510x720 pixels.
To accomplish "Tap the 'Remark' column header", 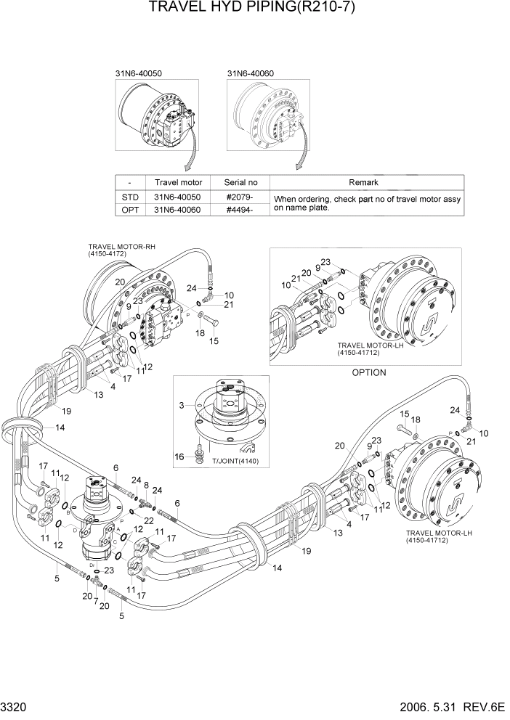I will (368, 183).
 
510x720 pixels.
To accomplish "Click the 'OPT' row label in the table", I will (129, 210).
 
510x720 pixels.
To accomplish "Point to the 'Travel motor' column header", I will (178, 183).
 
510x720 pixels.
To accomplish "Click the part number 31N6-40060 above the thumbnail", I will (251, 73).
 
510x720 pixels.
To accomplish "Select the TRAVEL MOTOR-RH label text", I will (121, 246).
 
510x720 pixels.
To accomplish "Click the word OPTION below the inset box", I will (368, 372).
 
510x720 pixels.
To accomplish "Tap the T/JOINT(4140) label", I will (235, 462).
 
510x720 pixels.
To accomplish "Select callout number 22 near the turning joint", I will (149, 521).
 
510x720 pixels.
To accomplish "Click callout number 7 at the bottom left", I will (96, 602).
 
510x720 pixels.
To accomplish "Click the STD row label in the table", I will (129, 197).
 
